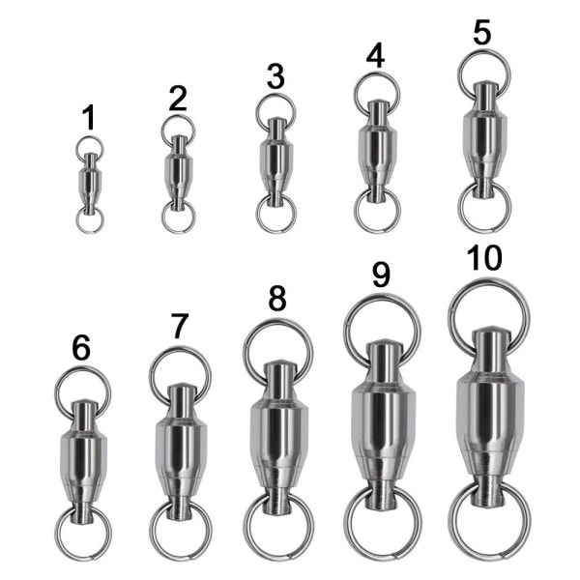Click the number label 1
point(90,117)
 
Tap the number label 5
point(482,32)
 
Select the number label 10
point(484,258)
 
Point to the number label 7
point(180,326)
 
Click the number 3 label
point(275,76)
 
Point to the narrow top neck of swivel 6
point(84,415)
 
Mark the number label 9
point(381,275)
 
